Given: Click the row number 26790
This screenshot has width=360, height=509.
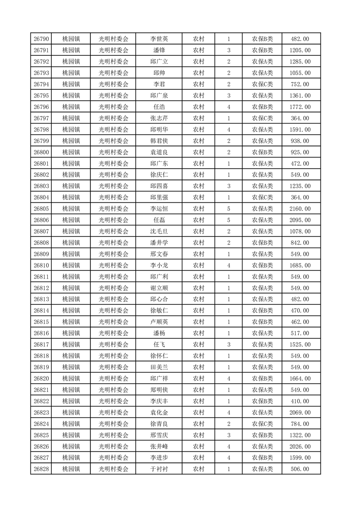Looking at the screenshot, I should pyautogui.click(x=41, y=39).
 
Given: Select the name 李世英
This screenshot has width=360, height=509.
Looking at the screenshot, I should pyautogui.click(x=159, y=39).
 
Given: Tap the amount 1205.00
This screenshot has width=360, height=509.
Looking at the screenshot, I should pyautogui.click(x=300, y=50).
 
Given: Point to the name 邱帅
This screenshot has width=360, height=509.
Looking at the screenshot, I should pyautogui.click(x=159, y=73).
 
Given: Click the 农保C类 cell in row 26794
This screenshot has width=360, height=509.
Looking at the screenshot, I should pyautogui.click(x=262, y=84).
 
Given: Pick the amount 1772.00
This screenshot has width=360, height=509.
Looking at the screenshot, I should pyautogui.click(x=300, y=107).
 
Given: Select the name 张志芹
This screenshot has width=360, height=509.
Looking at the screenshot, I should pyautogui.click(x=159, y=118).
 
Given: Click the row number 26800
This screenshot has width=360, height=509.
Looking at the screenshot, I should pyautogui.click(x=41, y=152).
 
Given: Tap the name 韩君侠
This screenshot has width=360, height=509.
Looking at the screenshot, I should pyautogui.click(x=159, y=141).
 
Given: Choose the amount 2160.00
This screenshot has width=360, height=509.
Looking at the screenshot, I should pyautogui.click(x=300, y=209).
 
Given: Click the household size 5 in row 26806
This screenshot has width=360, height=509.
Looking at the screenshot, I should pyautogui.click(x=228, y=220).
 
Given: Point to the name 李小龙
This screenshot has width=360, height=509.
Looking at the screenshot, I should pyautogui.click(x=159, y=265).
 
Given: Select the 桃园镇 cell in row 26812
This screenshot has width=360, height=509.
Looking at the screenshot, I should pyautogui.click(x=71, y=288).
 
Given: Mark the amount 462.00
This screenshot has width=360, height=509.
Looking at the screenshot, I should pyautogui.click(x=300, y=322).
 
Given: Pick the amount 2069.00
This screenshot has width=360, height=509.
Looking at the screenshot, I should pyautogui.click(x=300, y=412).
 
